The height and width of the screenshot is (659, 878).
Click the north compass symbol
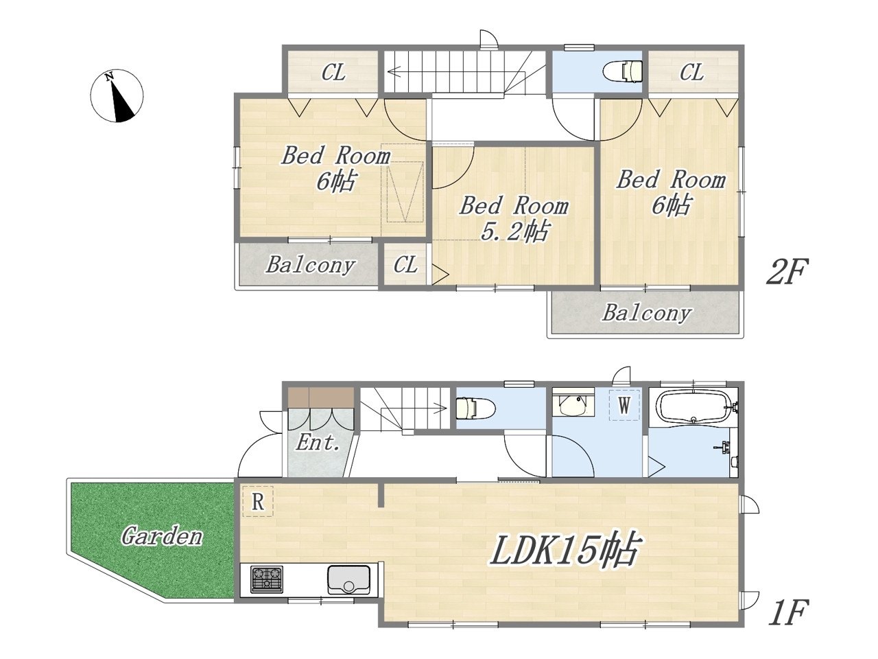pyautogui.click(x=117, y=95)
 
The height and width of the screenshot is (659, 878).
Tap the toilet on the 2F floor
pyautogui.click(x=622, y=71)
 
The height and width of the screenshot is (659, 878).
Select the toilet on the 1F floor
pyautogui.click(x=476, y=408)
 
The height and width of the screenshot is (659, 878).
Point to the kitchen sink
pyautogui.click(x=349, y=579)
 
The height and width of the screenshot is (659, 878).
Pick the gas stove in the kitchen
pyautogui.click(x=267, y=579)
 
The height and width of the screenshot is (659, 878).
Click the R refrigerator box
pyautogui.click(x=258, y=501)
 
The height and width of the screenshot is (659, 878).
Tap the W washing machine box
pyautogui.click(x=624, y=405)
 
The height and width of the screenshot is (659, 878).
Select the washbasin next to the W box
pyautogui.click(x=572, y=404)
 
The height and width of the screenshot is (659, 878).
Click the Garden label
pyautogui.click(x=162, y=537)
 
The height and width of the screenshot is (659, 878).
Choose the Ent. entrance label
pyautogui.click(x=318, y=443)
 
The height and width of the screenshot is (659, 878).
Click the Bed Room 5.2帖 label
pyautogui.click(x=515, y=219)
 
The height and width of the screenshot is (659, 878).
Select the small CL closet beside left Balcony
pyautogui.click(x=405, y=264)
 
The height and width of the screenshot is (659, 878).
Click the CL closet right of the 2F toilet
pyautogui.click(x=692, y=73)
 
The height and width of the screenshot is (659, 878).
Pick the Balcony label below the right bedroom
pyautogui.click(x=648, y=312)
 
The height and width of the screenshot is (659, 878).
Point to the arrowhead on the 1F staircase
pyautogui.click(x=441, y=408)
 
